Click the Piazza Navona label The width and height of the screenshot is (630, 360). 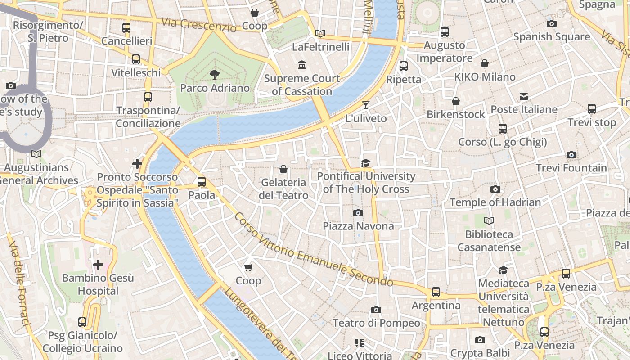click(358, 226)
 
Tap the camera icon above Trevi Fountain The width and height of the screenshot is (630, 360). click(571, 155)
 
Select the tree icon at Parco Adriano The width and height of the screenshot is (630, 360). click(215, 75)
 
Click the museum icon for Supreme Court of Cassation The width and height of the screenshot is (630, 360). click(302, 65)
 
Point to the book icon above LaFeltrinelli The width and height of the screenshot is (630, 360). click(320, 33)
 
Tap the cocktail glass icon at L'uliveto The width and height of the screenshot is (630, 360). click(365, 105)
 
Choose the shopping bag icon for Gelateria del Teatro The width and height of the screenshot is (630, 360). click(283, 170)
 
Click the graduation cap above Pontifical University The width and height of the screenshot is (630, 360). click(365, 163)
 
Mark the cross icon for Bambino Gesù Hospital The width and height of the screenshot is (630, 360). click(98, 265)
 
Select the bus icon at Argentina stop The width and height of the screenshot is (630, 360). click(436, 292)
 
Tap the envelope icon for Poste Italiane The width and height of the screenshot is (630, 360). click(524, 97)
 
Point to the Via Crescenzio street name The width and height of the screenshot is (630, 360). click(198, 25)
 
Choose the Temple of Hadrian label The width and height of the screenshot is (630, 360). click(495, 202)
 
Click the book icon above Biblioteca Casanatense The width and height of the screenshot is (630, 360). click(489, 221)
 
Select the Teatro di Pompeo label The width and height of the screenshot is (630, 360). click(376, 323)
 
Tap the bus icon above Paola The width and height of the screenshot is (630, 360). click(202, 182)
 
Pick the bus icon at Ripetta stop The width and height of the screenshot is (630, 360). click(404, 66)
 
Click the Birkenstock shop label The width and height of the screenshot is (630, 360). click(456, 114)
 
